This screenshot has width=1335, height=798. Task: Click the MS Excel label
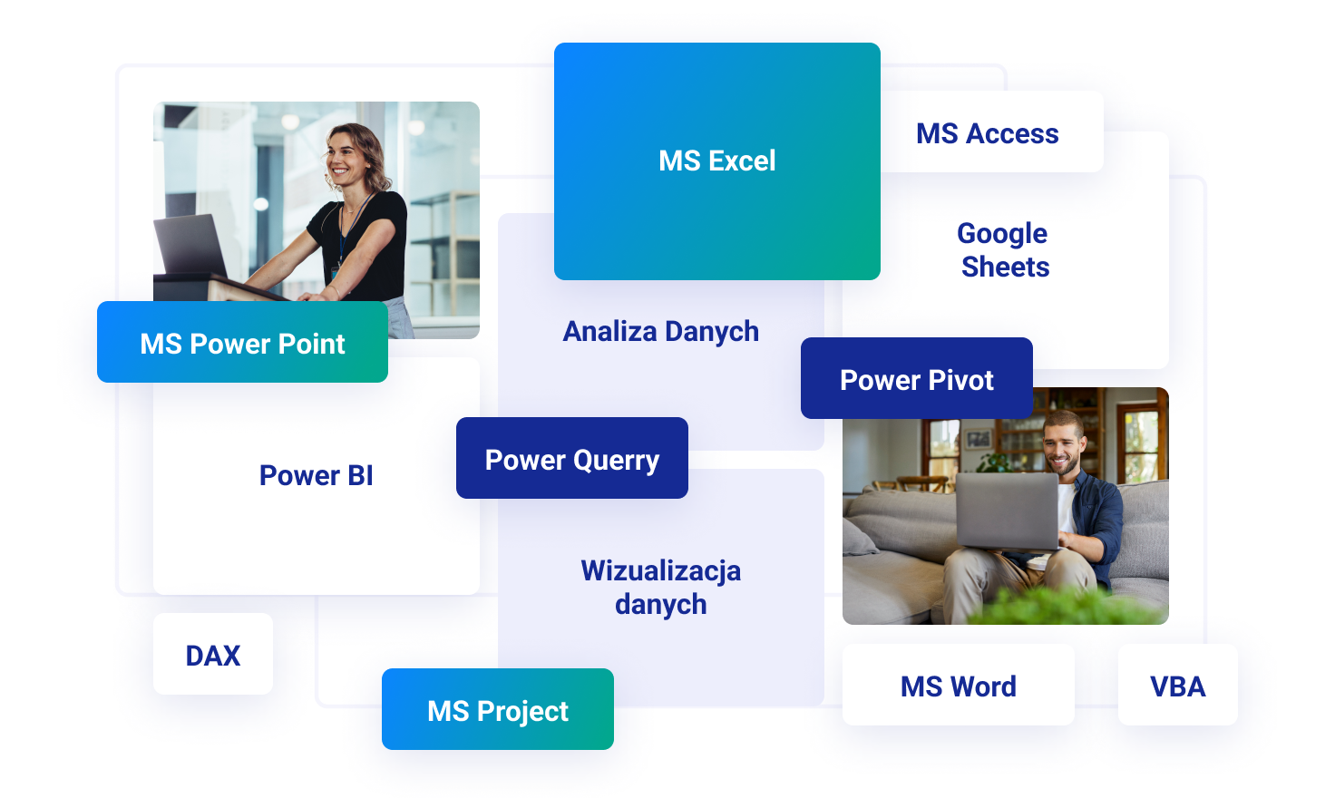tap(717, 161)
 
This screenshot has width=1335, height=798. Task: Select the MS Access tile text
tap(988, 133)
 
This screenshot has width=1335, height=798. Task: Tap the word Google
tap(1002, 234)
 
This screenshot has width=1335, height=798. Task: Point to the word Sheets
tap(1006, 267)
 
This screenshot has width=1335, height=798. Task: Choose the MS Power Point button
tap(242, 342)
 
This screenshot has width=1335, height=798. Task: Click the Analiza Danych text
tap(661, 332)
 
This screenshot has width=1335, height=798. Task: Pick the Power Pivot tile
tap(917, 378)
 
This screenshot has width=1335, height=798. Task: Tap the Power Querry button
tap(572, 458)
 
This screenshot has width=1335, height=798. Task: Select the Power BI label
tap(316, 475)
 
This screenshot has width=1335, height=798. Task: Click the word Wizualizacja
tap(661, 571)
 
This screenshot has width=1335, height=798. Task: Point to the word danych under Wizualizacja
tap(661, 604)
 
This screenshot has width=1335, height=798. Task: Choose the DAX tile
tap(213, 654)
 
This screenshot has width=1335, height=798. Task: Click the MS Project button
tap(498, 709)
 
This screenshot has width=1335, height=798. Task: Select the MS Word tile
tap(959, 685)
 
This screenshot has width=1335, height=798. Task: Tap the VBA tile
tap(1178, 685)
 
